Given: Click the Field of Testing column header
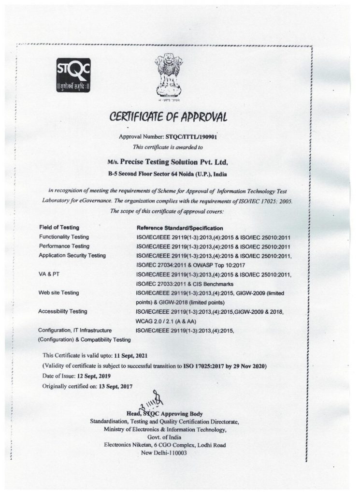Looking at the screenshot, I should tap(58, 227).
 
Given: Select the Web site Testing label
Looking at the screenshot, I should tap(58, 292).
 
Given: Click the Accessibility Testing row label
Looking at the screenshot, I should tap(62, 311).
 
